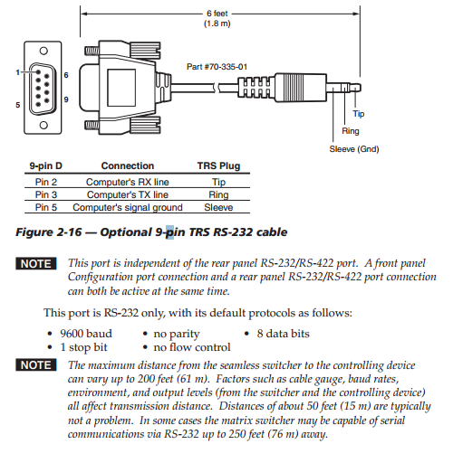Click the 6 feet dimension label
click(217, 14)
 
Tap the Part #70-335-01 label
click(217, 67)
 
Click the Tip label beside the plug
click(359, 114)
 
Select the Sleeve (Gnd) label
click(354, 149)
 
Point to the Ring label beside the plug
click(351, 131)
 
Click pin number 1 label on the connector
click(18, 72)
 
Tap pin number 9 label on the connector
click(66, 99)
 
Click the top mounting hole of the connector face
click(43, 51)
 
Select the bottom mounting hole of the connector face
click(43, 125)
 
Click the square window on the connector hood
click(121, 88)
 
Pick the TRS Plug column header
click(218, 165)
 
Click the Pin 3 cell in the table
click(46, 194)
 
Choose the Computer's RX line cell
click(128, 182)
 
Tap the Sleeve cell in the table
click(218, 207)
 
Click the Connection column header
click(128, 165)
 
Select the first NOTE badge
click(36, 264)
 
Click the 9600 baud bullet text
click(86, 334)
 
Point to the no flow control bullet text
click(192, 347)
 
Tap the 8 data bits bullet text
click(283, 334)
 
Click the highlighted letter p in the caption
click(169, 232)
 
